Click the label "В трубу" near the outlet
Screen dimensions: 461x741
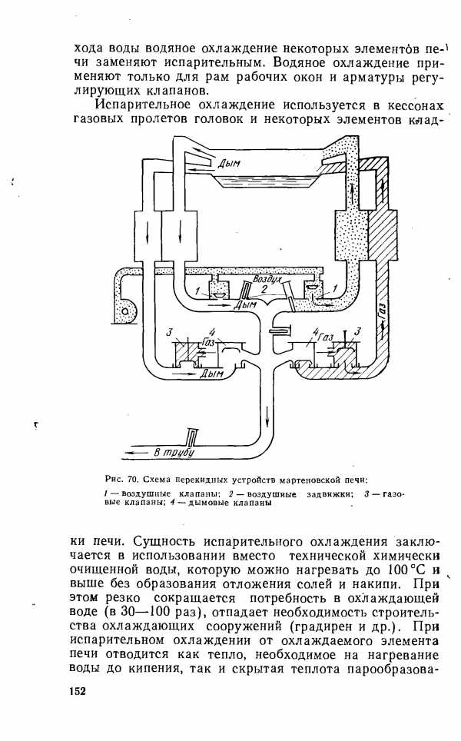click(x=174, y=452)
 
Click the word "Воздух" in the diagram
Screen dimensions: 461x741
click(x=267, y=279)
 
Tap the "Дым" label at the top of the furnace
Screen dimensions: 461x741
click(x=229, y=164)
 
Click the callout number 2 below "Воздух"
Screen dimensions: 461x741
click(x=264, y=287)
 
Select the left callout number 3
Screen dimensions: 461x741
click(x=168, y=333)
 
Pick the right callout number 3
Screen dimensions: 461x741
click(x=357, y=332)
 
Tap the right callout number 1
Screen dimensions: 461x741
click(x=334, y=287)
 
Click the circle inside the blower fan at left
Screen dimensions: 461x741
click(x=125, y=311)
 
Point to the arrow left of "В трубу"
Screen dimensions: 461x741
click(x=136, y=452)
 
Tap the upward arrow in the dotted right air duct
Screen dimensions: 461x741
click(x=352, y=191)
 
